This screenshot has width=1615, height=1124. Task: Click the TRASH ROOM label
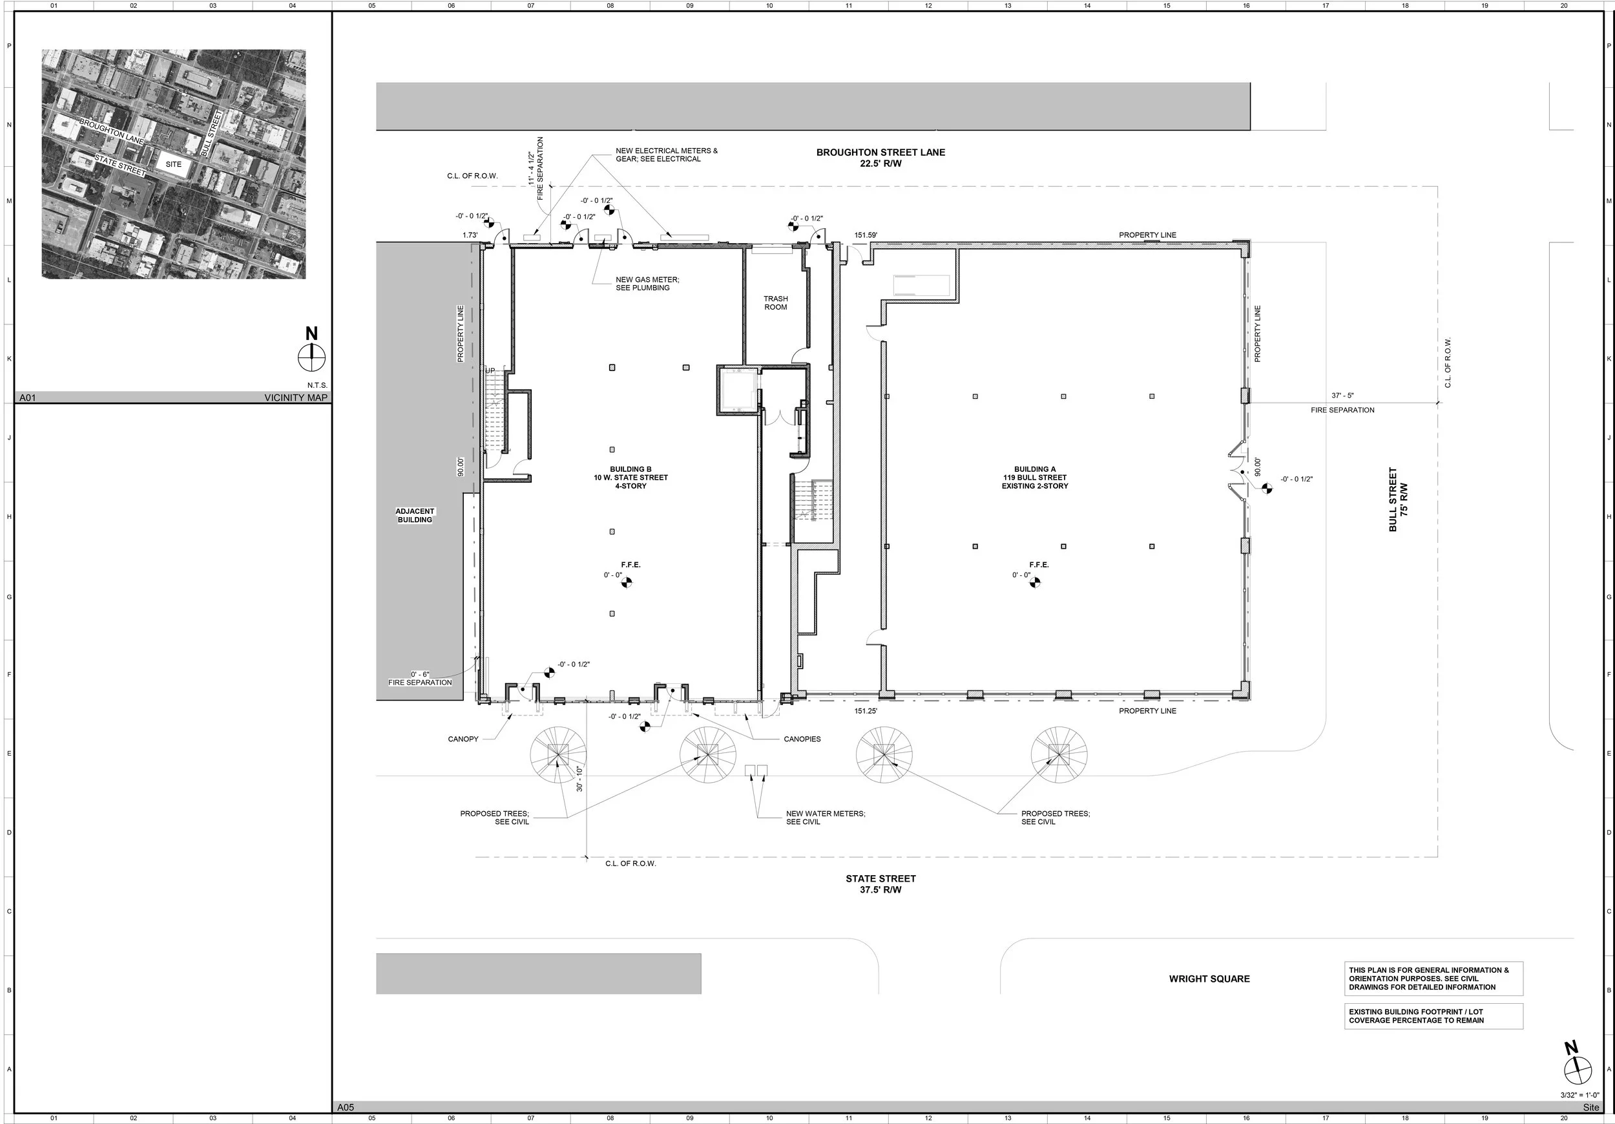click(775, 303)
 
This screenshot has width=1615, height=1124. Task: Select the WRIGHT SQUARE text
click(1209, 979)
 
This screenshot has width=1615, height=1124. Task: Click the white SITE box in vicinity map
click(173, 164)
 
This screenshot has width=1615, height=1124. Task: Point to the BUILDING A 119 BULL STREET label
click(1035, 478)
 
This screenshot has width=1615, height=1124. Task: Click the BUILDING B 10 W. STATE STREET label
click(630, 478)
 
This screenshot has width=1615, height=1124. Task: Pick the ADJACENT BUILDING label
click(415, 516)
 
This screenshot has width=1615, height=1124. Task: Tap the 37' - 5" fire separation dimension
click(1342, 396)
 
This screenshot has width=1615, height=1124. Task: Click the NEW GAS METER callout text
click(647, 284)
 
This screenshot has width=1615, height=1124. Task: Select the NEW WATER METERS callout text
click(825, 818)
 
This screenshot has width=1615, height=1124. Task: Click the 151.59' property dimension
click(866, 236)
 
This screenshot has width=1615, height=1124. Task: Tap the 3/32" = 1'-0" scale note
click(1579, 1095)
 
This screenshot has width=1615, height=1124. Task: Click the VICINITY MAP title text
click(295, 398)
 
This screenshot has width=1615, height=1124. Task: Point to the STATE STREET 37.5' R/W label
click(880, 884)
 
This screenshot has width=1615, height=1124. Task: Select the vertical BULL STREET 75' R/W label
click(1398, 499)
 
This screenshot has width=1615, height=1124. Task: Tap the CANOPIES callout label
click(802, 739)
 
